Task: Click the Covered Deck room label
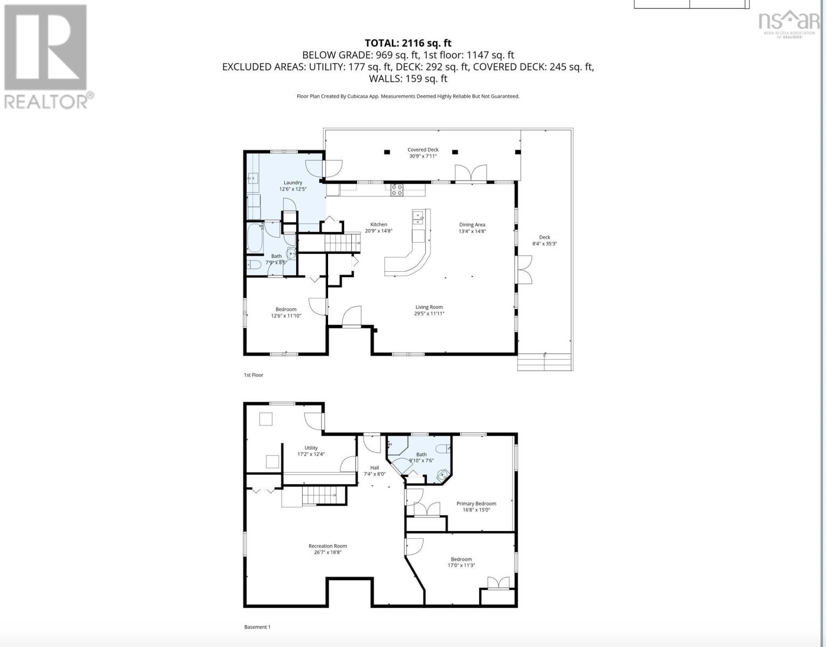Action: click(422, 149)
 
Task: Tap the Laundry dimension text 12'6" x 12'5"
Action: click(293, 189)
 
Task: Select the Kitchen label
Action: click(379, 224)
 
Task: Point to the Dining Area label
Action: click(472, 224)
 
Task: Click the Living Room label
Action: click(429, 307)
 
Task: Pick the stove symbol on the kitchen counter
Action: click(397, 189)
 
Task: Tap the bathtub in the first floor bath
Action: click(255, 238)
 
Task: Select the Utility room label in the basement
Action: click(311, 448)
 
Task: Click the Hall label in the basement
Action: click(375, 468)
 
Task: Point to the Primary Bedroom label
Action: click(476, 504)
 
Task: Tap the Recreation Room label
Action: click(327, 546)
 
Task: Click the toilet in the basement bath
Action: click(443, 449)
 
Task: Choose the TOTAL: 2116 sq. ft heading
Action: click(408, 43)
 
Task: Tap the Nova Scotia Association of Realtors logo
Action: click(789, 25)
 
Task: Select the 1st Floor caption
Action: click(254, 375)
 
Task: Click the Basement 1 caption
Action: click(257, 627)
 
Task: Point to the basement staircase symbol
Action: click(318, 496)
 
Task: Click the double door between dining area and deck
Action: click(524, 270)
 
